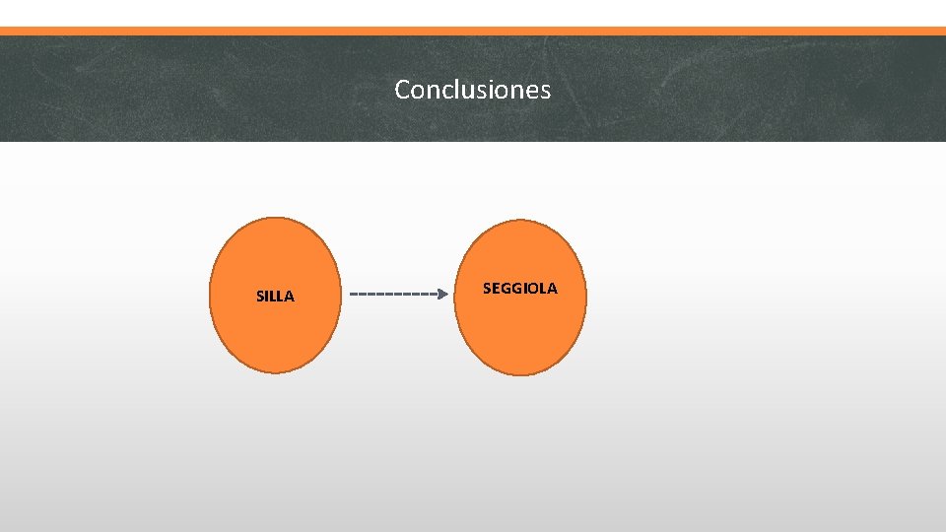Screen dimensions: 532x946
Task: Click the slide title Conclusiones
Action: tap(472, 90)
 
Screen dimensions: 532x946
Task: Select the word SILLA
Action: tap(275, 296)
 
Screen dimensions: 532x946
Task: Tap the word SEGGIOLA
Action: tap(519, 289)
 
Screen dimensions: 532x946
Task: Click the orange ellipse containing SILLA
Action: tap(274, 335)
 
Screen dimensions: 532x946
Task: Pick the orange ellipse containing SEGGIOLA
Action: tap(519, 335)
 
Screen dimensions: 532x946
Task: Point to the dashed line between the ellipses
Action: tap(392, 294)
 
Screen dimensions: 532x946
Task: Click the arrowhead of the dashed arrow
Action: tap(442, 294)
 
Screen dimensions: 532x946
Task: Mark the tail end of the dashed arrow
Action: tap(352, 294)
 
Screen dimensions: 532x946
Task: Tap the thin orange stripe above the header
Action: tap(473, 31)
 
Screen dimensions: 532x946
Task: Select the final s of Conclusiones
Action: tap(545, 91)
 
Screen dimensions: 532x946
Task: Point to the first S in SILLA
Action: tap(260, 296)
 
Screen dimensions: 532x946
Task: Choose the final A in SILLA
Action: tap(289, 296)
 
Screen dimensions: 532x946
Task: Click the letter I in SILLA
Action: tap(267, 296)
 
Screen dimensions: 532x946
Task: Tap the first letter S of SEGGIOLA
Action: tap(487, 289)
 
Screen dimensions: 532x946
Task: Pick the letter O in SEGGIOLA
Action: tap(532, 289)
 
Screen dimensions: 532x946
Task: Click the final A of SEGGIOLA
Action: tap(552, 289)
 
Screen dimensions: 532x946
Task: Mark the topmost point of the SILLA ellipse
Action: tap(274, 218)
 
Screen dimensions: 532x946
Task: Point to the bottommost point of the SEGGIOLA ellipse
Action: tap(519, 374)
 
